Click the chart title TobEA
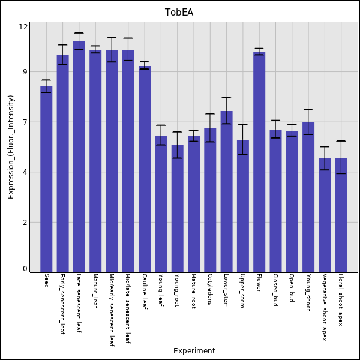point(179,13)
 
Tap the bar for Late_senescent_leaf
point(79,157)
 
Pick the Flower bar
point(259,162)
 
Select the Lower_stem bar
point(226,191)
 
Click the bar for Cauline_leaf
point(145,169)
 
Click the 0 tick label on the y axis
point(25,269)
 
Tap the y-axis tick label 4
point(25,172)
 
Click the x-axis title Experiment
point(194,351)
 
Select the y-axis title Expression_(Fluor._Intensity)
point(11,147)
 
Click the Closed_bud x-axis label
point(275,290)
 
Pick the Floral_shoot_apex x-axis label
point(341,300)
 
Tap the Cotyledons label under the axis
point(210,290)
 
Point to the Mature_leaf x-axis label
point(95,290)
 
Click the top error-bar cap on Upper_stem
point(242,124)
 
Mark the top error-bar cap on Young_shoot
point(308,110)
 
